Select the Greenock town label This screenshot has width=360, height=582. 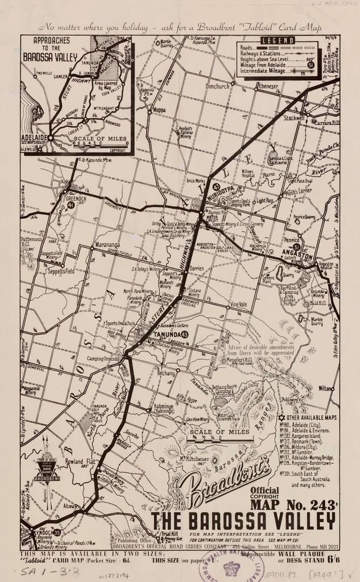(76, 199)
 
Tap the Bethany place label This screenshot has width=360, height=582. (165, 373)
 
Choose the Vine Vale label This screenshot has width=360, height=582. (238, 305)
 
